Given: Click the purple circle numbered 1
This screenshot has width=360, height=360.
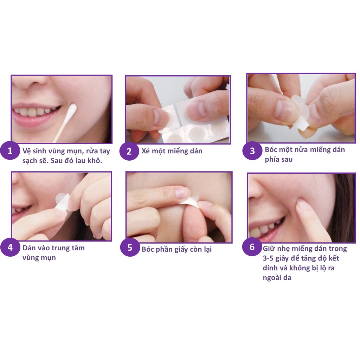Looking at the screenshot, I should tap(10, 151).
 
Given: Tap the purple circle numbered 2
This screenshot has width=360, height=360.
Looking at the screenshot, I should tap(129, 152).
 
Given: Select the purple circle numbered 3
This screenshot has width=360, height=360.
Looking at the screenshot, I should tap(252, 151).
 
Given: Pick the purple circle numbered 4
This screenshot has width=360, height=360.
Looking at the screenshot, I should tap(10, 247).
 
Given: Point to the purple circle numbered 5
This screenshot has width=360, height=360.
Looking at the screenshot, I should tap(130, 247).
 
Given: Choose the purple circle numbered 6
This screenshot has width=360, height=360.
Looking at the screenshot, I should tap(252, 247).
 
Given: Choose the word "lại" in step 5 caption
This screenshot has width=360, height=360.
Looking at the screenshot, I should tap(206, 249).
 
